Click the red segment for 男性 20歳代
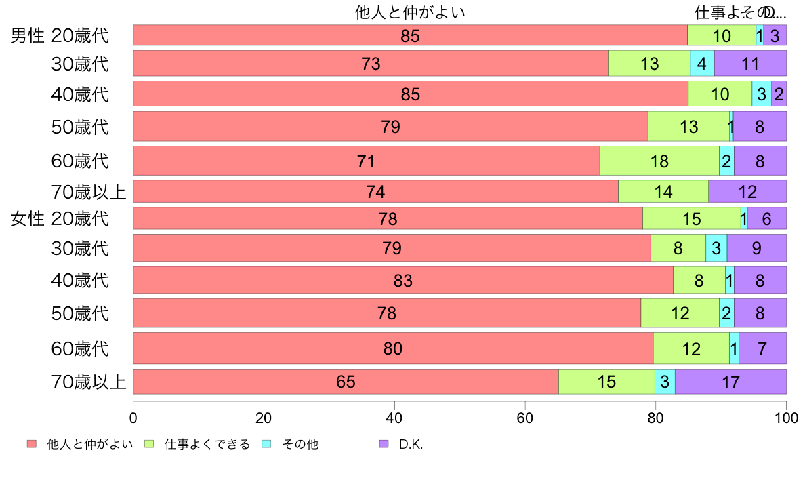[410, 35]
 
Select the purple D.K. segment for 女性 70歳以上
[730, 382]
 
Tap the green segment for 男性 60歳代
[659, 161]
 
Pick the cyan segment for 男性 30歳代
[702, 64]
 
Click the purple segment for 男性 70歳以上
[747, 192]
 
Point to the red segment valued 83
[403, 280]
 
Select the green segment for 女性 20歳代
[691, 219]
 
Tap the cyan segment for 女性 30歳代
[716, 248]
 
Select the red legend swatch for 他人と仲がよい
[31, 444]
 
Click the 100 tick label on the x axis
[786, 416]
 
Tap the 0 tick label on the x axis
[133, 416]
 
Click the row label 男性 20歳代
[60, 35]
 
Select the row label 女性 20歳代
[60, 219]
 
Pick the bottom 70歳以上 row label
[89, 382]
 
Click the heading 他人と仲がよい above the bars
[410, 12]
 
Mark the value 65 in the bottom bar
[346, 382]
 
